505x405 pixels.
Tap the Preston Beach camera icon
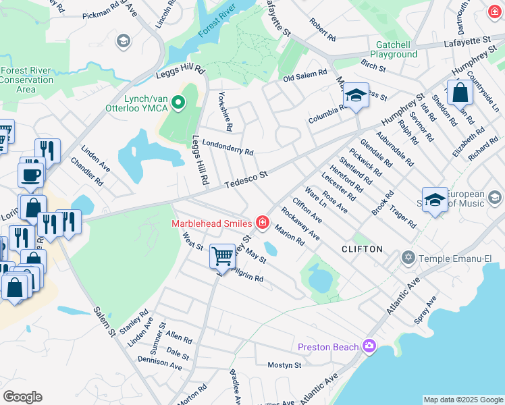(x=369, y=347)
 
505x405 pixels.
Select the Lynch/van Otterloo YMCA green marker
(x=178, y=103)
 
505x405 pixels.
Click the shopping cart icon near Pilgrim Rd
(x=222, y=255)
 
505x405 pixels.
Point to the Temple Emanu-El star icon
(x=407, y=258)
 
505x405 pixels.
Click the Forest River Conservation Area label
(x=26, y=80)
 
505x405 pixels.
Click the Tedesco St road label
(x=247, y=179)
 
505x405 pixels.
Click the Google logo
(x=22, y=397)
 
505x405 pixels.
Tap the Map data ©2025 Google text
(x=462, y=400)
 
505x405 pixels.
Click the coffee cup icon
(x=31, y=175)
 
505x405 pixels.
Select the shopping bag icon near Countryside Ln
(x=460, y=92)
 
